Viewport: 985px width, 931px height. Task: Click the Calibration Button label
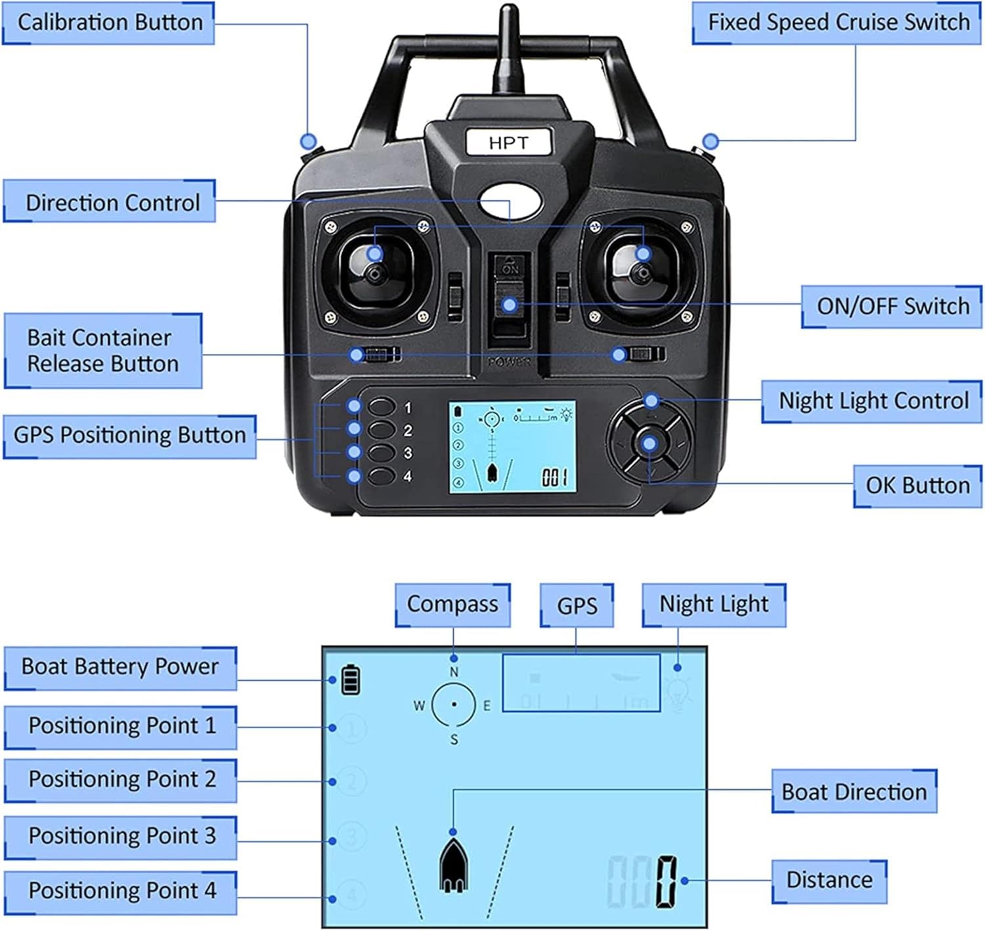tap(109, 23)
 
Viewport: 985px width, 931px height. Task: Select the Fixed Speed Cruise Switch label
tap(837, 23)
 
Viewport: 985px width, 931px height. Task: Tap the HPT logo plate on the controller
tap(508, 142)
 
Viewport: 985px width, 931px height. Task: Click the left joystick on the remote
tap(374, 272)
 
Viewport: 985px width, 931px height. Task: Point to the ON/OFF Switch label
tap(892, 306)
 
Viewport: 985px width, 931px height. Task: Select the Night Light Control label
tap(873, 401)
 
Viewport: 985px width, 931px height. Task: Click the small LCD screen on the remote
tap(512, 446)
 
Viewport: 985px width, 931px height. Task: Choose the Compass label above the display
tap(452, 604)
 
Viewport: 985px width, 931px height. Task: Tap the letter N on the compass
tap(454, 672)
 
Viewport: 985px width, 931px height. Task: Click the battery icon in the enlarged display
tap(351, 680)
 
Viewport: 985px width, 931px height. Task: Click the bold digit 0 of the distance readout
tap(665, 882)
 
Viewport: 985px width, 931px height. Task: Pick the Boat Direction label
tap(854, 792)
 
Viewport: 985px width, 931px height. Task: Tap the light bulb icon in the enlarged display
tap(678, 695)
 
